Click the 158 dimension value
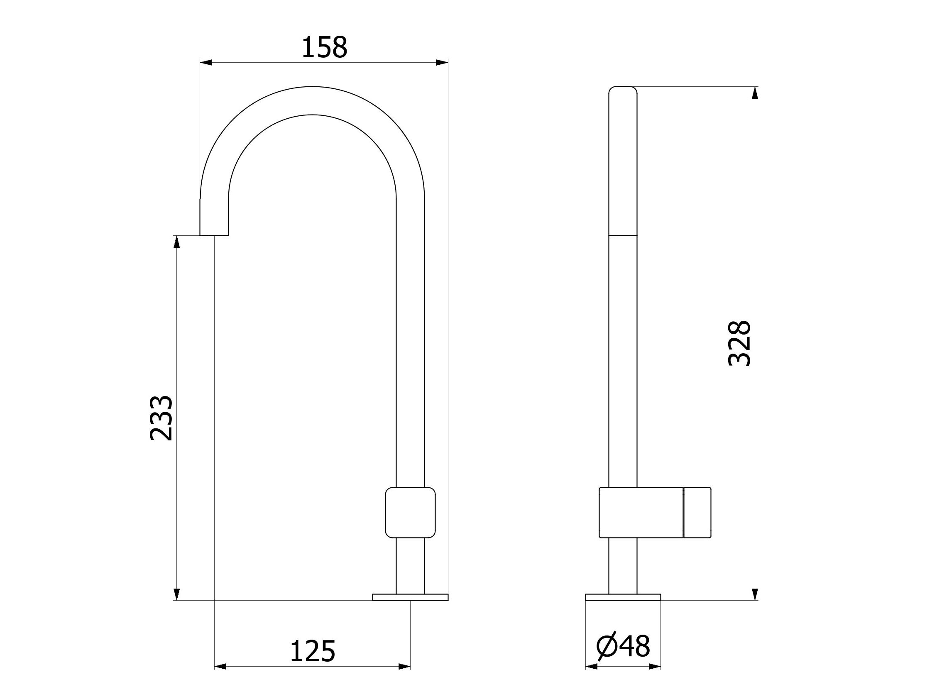[x=324, y=47]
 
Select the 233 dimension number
[x=161, y=418]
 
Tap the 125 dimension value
[x=312, y=651]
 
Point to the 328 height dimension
[x=739, y=343]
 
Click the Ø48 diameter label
[x=623, y=646]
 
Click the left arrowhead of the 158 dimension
[x=205, y=63]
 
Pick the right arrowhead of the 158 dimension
[x=442, y=63]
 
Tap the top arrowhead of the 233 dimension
[x=177, y=242]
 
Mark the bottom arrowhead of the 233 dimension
[x=177, y=594]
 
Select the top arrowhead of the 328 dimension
[x=755, y=93]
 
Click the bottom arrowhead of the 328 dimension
[x=755, y=594]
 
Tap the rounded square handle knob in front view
[x=410, y=513]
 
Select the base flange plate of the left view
[x=410, y=597]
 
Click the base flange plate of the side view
[x=623, y=597]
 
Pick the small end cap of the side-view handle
[x=697, y=513]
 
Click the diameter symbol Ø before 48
[x=606, y=646]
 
